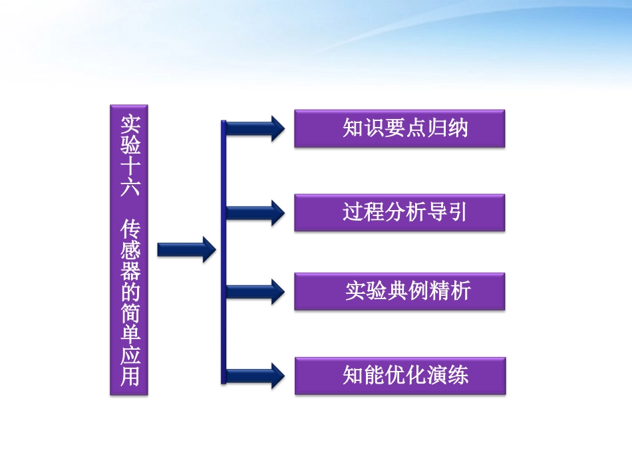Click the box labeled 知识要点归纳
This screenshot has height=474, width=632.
[399, 128]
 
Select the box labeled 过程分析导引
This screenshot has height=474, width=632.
[399, 213]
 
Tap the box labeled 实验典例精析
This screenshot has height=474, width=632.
[399, 291]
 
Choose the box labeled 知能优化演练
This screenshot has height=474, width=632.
[399, 376]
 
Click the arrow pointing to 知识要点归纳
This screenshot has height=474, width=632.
[255, 128]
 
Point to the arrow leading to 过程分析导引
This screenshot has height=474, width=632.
[255, 212]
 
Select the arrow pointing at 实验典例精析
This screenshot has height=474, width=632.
[255, 291]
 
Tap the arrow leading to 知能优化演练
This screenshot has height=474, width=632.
[255, 376]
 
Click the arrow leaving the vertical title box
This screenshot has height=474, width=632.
[186, 249]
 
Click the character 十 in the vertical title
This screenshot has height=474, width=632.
[129, 166]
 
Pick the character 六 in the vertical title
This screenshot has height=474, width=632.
[129, 187]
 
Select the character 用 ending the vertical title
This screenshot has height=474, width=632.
[129, 377]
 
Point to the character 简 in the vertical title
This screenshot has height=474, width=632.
[129, 314]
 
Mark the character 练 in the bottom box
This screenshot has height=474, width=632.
[458, 376]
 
